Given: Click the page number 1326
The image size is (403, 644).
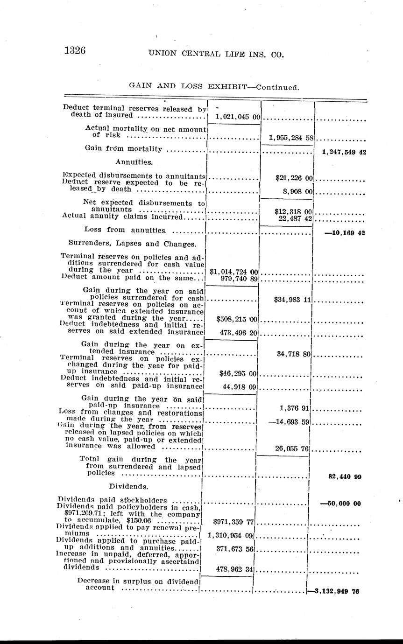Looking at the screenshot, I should click(x=75, y=50).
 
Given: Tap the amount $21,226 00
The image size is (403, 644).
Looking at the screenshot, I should click(x=294, y=178).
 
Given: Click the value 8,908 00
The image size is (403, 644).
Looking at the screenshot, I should click(x=298, y=191).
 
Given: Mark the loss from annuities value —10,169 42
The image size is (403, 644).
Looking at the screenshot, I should click(x=344, y=232).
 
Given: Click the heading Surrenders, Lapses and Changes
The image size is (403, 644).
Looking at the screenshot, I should click(x=132, y=243).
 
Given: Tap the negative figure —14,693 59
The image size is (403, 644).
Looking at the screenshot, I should click(x=290, y=422).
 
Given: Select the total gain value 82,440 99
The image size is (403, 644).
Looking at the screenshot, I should click(x=345, y=477).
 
